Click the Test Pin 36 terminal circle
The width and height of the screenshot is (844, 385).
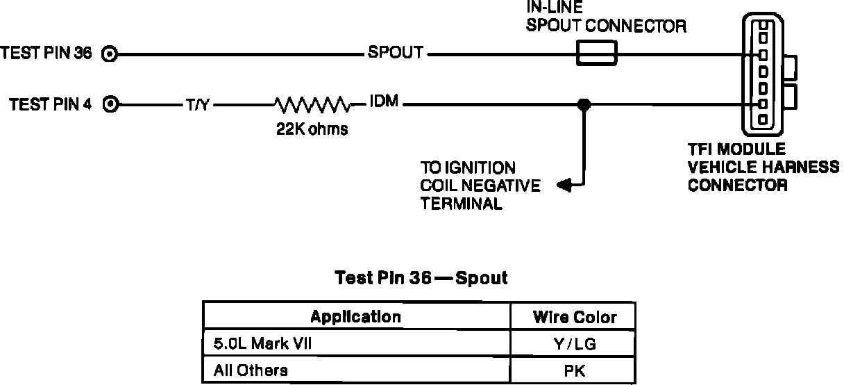110,54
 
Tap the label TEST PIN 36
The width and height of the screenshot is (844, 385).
47,54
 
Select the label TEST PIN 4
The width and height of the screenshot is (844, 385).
51,105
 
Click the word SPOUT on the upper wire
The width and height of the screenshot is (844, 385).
395,54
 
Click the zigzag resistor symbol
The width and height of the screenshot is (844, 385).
312,105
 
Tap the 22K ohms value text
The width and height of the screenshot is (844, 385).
312,129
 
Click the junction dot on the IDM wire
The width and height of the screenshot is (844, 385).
584,105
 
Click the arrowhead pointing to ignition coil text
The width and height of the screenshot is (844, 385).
564,185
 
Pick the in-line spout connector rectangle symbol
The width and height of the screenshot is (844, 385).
597,54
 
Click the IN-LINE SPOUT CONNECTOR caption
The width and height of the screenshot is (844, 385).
605,19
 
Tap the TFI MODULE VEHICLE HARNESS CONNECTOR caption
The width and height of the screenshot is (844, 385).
762,167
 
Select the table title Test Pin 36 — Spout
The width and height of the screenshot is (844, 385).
421,279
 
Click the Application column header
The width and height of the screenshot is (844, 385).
355,317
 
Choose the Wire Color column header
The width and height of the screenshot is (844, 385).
575,318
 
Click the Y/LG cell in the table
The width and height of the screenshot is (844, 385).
575,344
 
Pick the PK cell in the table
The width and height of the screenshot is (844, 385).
575,370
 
